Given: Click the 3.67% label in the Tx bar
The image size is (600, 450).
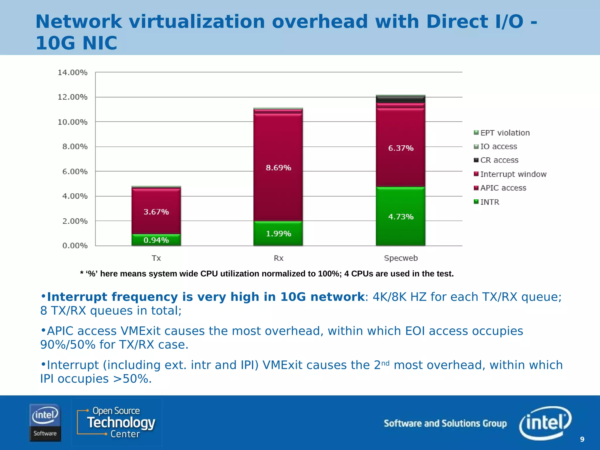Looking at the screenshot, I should [156, 212].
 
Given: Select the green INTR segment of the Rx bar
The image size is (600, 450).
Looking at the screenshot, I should [278, 233].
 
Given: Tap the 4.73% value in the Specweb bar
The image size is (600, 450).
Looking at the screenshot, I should [401, 217].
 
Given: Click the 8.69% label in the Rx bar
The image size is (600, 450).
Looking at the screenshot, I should [278, 168].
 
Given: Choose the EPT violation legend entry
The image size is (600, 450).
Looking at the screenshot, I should [505, 133].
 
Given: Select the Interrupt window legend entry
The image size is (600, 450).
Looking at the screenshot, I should [513, 174].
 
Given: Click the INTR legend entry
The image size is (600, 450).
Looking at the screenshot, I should [490, 202].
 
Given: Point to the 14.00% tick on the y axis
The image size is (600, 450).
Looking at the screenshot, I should [72, 72].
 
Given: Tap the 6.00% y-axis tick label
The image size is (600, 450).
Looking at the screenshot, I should [75, 171].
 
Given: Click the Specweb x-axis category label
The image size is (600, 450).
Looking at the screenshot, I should [400, 258].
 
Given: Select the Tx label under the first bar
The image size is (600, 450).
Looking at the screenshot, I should [156, 258].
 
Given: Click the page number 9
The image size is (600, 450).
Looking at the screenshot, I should [582, 439].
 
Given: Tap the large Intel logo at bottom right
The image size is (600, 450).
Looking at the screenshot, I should [545, 422].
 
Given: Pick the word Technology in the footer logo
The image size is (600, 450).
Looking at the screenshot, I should [121, 423].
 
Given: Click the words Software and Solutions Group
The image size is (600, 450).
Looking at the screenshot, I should [445, 423].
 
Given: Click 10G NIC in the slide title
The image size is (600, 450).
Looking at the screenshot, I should [76, 43].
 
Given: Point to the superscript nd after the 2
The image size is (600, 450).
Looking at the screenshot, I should [385, 363].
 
